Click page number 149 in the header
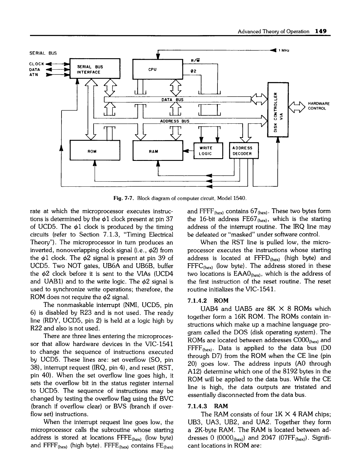[320, 31]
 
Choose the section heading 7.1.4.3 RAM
[208, 406]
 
